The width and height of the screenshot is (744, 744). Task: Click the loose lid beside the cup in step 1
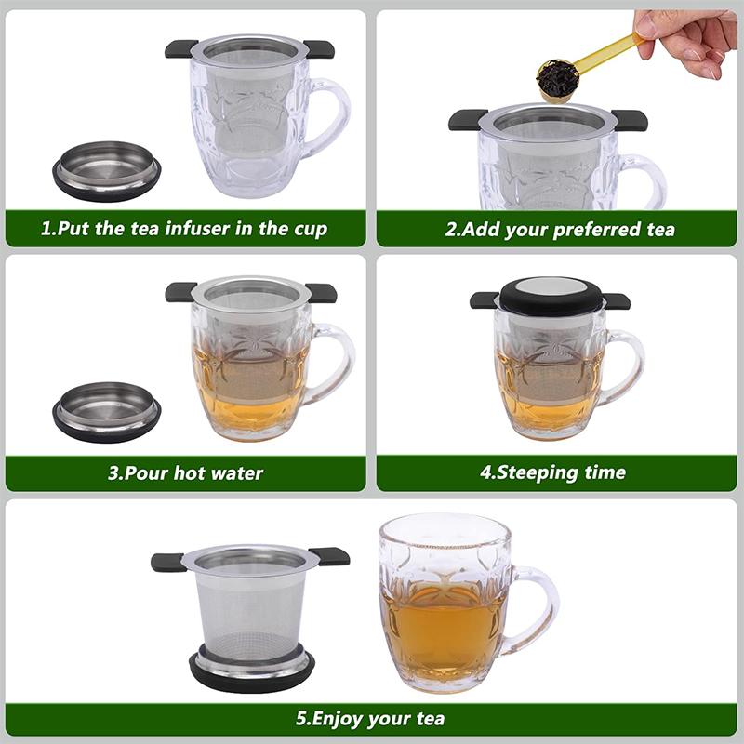(x=106, y=169)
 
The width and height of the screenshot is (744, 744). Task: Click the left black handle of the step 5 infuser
(x=168, y=562)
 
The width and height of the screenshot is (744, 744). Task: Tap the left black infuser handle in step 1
(x=181, y=48)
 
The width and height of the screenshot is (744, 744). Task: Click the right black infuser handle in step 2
(x=629, y=119)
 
